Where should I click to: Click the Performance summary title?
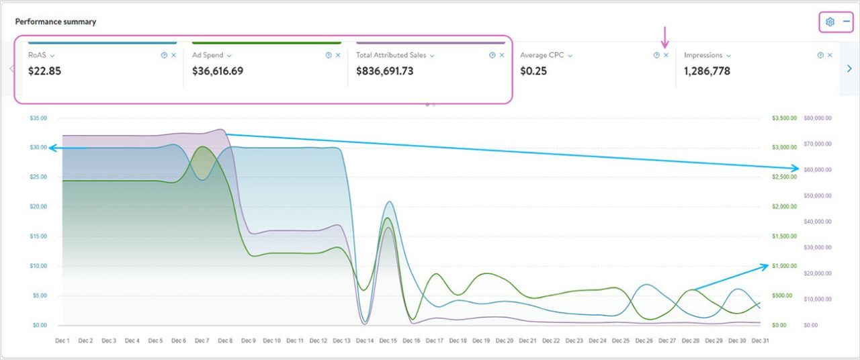coord(56,21)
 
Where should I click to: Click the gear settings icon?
coord(830,21)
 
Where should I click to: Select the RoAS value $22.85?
coord(44,71)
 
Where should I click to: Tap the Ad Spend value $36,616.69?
coord(218,71)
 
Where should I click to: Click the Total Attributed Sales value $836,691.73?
coord(384,71)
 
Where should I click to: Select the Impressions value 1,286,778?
coord(707,71)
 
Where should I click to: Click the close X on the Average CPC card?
coord(666,55)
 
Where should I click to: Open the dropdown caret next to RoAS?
coord(52,56)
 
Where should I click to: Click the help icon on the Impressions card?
coord(820,55)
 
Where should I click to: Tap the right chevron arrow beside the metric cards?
coord(849,68)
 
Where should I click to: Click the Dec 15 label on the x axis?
coord(388,341)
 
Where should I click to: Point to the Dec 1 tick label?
coord(62,341)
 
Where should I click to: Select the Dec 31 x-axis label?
coord(761,341)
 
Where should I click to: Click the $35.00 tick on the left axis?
coord(38,118)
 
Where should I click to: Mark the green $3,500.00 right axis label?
coord(784,118)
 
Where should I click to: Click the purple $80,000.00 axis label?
coord(817,118)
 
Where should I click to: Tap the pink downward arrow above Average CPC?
coord(664,36)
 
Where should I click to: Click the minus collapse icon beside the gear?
coord(847,21)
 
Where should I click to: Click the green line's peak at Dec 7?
coord(202,146)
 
